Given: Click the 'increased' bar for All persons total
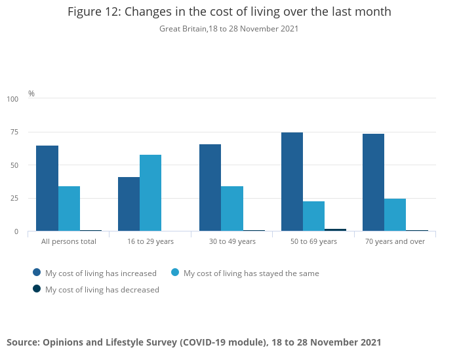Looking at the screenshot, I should [47, 188].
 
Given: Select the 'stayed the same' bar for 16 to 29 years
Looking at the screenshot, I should [150, 193].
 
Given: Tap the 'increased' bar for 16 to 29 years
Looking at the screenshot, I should [129, 204].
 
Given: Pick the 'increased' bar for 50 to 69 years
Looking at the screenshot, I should [292, 182].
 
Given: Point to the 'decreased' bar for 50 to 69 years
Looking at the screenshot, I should [335, 230].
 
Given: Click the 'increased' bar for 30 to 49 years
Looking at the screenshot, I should [210, 188].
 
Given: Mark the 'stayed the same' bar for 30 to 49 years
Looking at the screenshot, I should [232, 209].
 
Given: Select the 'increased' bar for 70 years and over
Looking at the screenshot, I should [373, 182].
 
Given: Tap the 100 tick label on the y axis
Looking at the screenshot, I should [13, 99].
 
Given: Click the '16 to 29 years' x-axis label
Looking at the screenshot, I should [150, 241].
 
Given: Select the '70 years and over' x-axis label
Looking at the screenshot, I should [395, 241].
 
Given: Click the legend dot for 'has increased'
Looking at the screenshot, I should [37, 273].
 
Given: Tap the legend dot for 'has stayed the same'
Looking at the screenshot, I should [175, 273].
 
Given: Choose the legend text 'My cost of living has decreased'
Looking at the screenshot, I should [102, 289].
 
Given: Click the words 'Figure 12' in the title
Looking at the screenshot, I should [92, 12].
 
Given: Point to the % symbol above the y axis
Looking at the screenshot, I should [31, 94].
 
